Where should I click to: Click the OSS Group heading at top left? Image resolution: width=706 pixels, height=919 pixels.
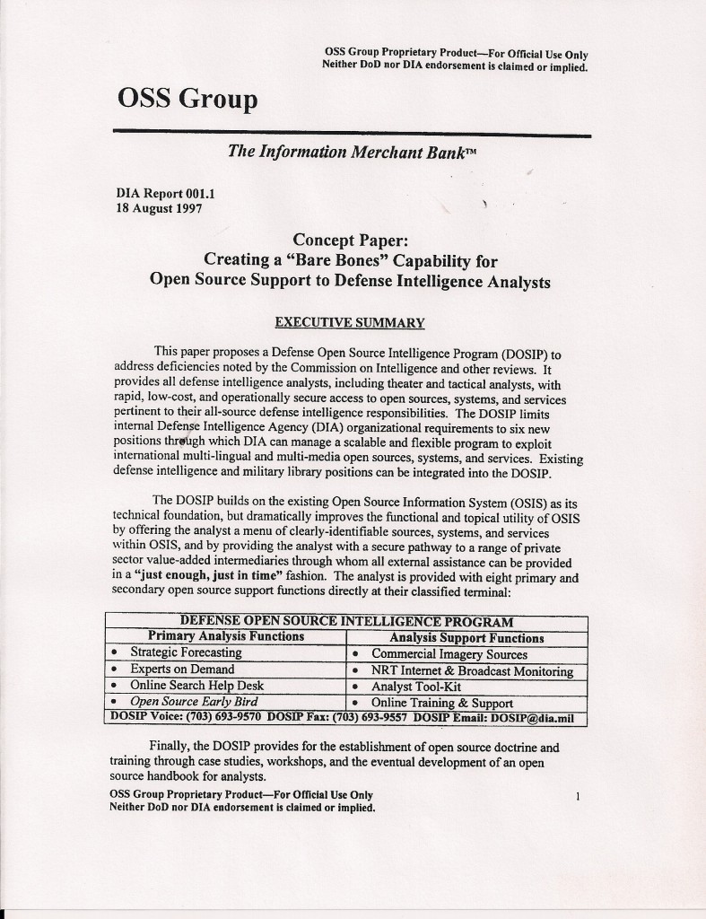187,99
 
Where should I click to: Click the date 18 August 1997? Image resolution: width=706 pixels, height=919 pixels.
159,207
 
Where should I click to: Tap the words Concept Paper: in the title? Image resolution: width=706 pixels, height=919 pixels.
350,240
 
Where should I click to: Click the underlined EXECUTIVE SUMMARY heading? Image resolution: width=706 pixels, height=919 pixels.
350,322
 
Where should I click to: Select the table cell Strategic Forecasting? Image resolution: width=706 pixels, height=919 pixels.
186,652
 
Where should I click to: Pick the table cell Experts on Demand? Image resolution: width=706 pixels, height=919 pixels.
182,669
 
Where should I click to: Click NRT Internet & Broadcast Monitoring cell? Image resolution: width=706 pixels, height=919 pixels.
472,670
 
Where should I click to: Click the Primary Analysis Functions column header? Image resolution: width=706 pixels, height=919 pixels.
225,636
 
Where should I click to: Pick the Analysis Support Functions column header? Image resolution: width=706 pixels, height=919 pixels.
466,638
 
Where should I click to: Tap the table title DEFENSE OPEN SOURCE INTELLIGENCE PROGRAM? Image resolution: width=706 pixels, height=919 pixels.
346,621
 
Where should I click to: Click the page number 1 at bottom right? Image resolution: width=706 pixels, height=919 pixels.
579,795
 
